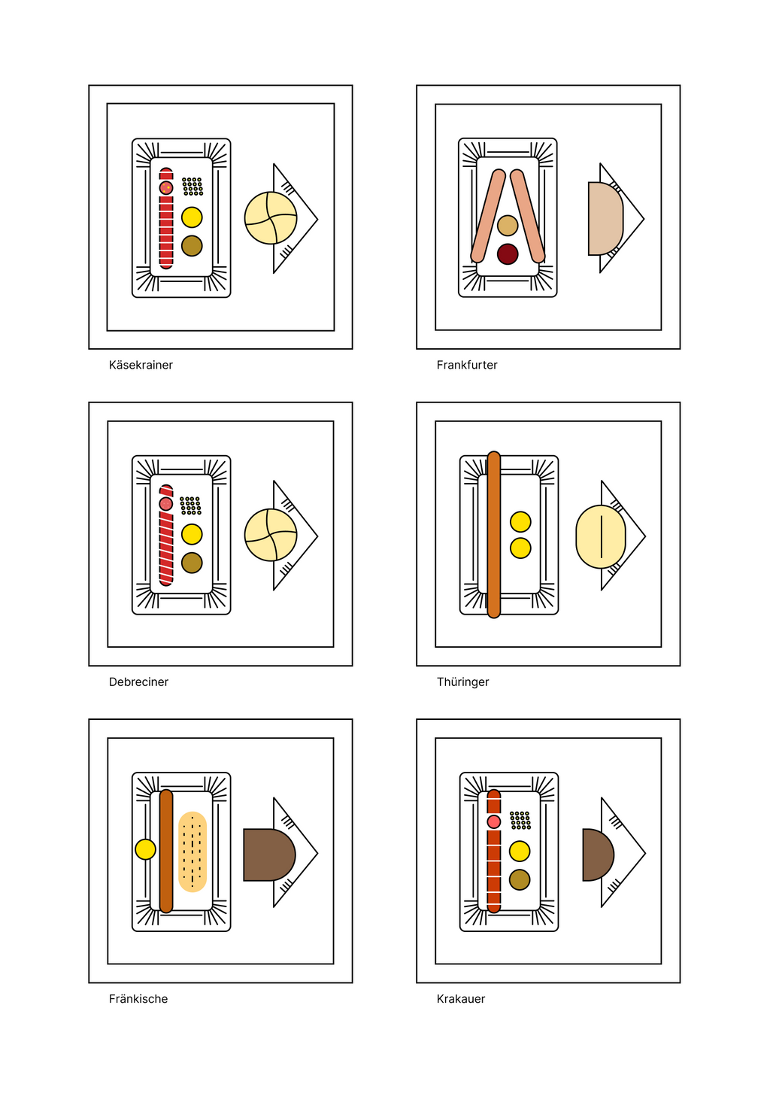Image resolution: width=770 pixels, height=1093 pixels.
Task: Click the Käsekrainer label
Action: (x=141, y=365)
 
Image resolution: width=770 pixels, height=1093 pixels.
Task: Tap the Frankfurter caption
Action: (x=467, y=365)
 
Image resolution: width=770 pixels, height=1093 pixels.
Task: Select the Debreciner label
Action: (x=138, y=682)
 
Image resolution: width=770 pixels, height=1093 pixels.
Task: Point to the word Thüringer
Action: (x=462, y=682)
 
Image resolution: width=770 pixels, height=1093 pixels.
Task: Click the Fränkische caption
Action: (x=138, y=999)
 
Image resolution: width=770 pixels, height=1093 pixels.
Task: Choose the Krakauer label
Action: (x=461, y=999)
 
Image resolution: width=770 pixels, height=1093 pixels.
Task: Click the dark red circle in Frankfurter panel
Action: (x=508, y=254)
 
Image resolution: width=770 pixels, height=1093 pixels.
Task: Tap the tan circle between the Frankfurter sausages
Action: (x=508, y=226)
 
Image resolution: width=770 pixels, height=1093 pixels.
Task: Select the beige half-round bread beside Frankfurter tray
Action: (x=605, y=219)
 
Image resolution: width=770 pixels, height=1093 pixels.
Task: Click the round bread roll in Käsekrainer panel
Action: (x=271, y=218)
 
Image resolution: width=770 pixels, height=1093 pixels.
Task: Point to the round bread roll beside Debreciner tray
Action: (x=271, y=535)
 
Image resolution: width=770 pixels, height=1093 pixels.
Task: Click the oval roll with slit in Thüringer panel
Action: (x=601, y=536)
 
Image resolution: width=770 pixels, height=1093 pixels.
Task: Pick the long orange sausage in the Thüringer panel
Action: (x=493, y=535)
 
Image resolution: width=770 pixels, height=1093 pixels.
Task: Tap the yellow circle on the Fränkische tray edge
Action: (x=145, y=849)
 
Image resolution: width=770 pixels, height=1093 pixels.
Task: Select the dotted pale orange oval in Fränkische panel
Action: (x=192, y=852)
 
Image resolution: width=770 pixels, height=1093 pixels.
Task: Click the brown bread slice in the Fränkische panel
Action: (x=269, y=855)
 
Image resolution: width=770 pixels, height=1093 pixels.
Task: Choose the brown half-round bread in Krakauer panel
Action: (x=598, y=855)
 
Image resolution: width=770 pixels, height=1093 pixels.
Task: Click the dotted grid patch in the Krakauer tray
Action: (x=520, y=820)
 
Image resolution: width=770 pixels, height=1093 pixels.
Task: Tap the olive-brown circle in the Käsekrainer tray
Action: (x=192, y=246)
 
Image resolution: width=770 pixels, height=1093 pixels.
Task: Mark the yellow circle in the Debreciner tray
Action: (x=192, y=534)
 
